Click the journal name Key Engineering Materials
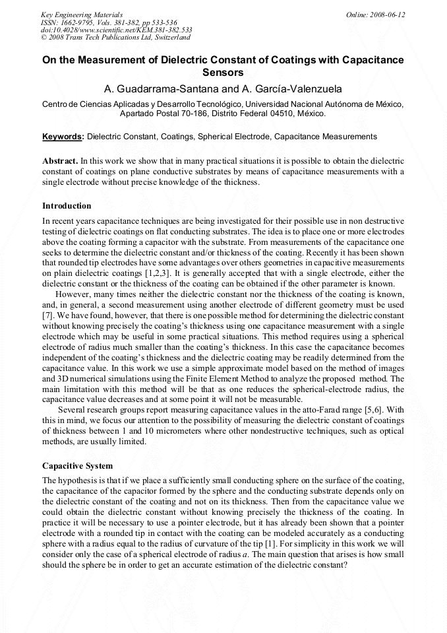coord(82,15)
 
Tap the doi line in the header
coord(116,30)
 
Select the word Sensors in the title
coord(223,73)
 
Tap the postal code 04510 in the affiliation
coord(285,113)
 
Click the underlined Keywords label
coord(63,137)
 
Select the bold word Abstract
coord(60,160)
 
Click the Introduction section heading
coord(67,205)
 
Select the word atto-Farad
coord(309,410)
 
